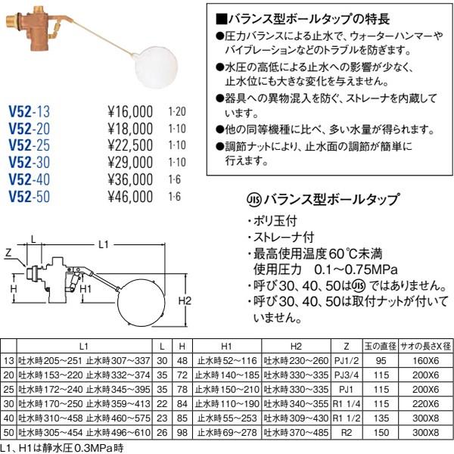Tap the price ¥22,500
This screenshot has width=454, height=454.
(x=130, y=145)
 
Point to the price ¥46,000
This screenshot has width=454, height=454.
(x=130, y=197)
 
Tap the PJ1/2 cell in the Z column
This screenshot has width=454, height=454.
(x=347, y=360)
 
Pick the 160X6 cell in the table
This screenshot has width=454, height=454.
(x=425, y=360)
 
